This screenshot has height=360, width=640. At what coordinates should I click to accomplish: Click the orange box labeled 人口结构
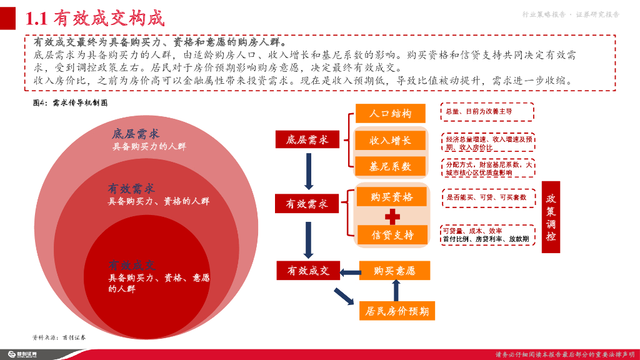pos(391,114)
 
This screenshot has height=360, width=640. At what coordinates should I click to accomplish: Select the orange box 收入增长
pos(391,141)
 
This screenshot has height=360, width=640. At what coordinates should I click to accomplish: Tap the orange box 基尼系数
pos(391,167)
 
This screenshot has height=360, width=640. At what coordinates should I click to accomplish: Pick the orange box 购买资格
pos(392,197)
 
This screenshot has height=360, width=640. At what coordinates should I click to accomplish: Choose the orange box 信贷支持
pos(392,235)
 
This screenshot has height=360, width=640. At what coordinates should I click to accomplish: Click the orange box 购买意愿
pos(394,271)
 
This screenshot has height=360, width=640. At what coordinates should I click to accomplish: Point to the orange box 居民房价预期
pos(397,311)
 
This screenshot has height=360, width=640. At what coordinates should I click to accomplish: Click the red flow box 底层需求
pos(307,140)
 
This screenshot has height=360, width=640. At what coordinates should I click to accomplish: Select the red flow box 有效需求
pos(307,204)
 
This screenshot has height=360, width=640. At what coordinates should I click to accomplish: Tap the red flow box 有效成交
pos(308,271)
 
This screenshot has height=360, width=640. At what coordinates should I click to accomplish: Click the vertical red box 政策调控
pos(551,217)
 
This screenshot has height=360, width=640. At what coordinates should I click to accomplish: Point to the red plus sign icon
pos(392,216)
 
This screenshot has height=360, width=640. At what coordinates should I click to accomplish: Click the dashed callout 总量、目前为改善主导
pos(487,111)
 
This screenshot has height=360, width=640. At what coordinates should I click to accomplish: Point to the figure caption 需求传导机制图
pos(70,102)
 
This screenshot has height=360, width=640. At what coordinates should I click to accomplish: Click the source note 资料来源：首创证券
pos(59,336)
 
